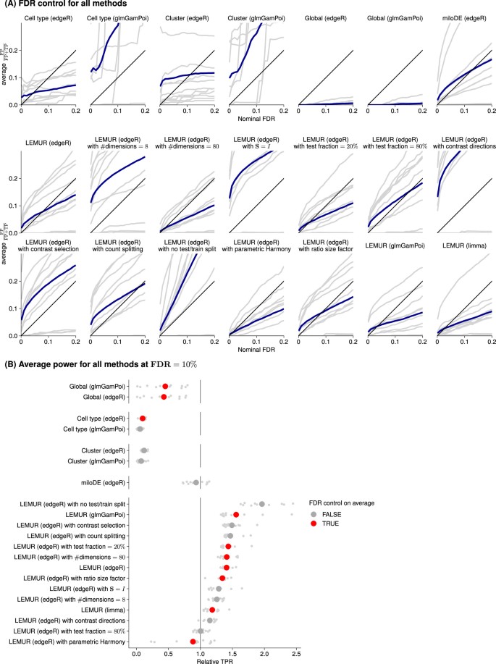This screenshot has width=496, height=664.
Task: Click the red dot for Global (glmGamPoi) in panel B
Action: pos(166,387)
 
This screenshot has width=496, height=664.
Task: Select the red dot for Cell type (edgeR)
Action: pos(143,419)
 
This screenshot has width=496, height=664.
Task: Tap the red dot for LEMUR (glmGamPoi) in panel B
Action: pos(236,514)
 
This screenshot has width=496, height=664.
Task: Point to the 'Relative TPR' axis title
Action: pos(215,659)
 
